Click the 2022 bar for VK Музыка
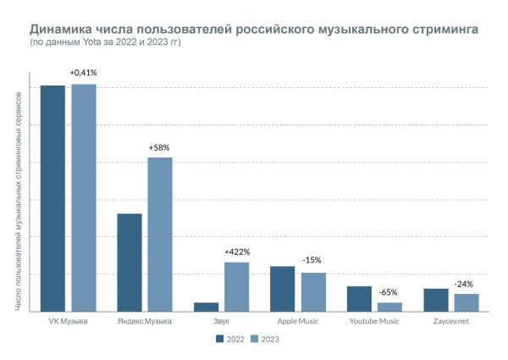pyautogui.click(x=52, y=198)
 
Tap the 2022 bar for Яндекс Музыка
pyautogui.click(x=130, y=262)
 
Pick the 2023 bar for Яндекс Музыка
pyautogui.click(x=160, y=234)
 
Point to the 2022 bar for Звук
pyautogui.click(x=206, y=307)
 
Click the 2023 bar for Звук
pyautogui.click(x=237, y=286)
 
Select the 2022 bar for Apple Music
pyautogui.click(x=283, y=289)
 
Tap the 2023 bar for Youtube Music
pyautogui.click(x=390, y=307)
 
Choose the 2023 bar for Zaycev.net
pyautogui.click(x=467, y=302)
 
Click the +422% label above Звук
pyautogui.click(x=237, y=252)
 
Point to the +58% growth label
pyautogui.click(x=159, y=147)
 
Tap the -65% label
pyautogui.click(x=389, y=292)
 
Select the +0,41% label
pyautogui.click(x=83, y=74)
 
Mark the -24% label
pyautogui.click(x=464, y=284)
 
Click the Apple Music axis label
pyautogui.click(x=298, y=321)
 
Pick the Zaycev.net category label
pyautogui.click(x=451, y=321)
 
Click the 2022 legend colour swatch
pyautogui.click(x=220, y=339)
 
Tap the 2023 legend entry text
pyautogui.click(x=270, y=339)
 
